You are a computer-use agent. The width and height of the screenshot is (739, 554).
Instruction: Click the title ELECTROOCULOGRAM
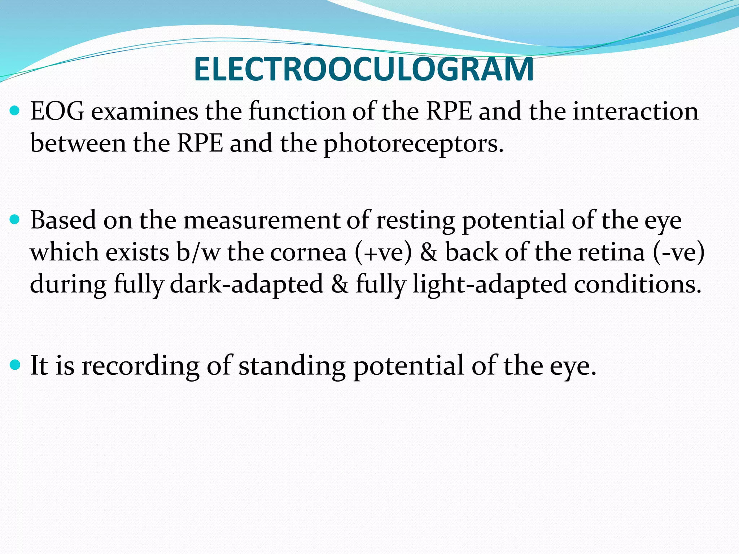coord(363,69)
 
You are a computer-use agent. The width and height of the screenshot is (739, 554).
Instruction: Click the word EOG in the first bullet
coord(57,111)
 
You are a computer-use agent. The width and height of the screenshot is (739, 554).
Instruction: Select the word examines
coord(144,111)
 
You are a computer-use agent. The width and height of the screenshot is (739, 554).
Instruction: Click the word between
coord(78,144)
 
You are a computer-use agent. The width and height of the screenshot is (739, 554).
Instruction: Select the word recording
coord(140,366)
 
